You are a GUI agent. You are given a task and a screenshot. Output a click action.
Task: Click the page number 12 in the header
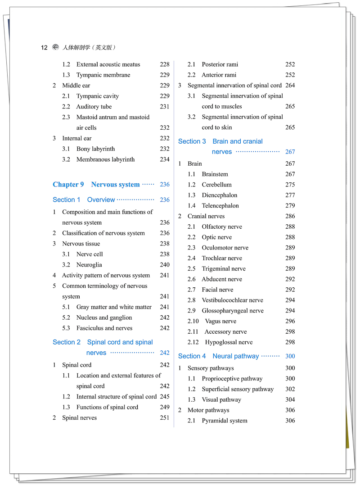pyautogui.click(x=44, y=48)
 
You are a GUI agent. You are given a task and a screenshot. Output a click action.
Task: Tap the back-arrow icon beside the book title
pyautogui.click(x=56, y=47)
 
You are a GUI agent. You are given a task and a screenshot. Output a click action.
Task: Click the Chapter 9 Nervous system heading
pyautogui.click(x=96, y=185)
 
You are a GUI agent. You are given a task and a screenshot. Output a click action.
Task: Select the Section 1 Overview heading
pyautogui.click(x=84, y=200)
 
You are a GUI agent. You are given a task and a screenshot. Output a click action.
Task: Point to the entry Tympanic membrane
pyautogui.click(x=103, y=75)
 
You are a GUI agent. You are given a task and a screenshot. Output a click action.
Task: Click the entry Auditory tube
pyautogui.click(x=94, y=107)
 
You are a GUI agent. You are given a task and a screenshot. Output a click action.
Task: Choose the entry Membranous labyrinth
pyautogui.click(x=105, y=159)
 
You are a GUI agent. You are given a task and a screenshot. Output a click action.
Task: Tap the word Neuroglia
pyautogui.click(x=89, y=265)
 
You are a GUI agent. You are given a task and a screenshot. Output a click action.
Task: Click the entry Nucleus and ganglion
pyautogui.click(x=104, y=317)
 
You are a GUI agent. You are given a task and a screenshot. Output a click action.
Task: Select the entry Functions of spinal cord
pyautogui.click(x=107, y=407)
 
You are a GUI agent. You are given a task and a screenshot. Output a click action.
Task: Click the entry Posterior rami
pyautogui.click(x=220, y=64)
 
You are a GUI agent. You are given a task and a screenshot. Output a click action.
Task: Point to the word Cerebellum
pyautogui.click(x=216, y=185)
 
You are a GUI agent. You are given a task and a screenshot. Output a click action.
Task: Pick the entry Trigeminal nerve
pyautogui.click(x=224, y=269)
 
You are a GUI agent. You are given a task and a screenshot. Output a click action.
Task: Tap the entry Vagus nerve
pyautogui.click(x=220, y=322)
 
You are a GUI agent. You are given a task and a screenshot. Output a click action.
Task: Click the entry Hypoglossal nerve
pyautogui.click(x=229, y=342)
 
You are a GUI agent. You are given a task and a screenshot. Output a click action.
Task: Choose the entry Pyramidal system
pyautogui.click(x=224, y=421)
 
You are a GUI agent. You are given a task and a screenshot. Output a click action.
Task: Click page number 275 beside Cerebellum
pyautogui.click(x=290, y=185)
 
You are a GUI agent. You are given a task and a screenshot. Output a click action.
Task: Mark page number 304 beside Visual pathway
pyautogui.click(x=290, y=399)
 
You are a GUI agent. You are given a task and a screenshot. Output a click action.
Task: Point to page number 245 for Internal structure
pyautogui.click(x=165, y=397)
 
